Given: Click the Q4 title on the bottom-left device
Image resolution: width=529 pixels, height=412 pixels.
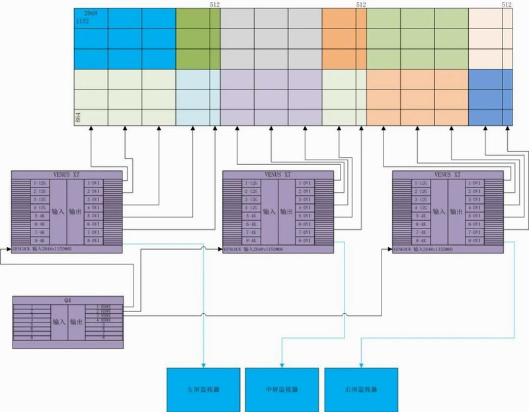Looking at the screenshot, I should coord(67,301).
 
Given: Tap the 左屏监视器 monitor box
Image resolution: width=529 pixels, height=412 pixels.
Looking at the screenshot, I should coord(202,389).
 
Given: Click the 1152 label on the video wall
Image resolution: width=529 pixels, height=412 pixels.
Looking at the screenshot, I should coord(83,22).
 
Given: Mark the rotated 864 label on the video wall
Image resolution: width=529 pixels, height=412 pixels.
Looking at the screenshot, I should coord(78,118).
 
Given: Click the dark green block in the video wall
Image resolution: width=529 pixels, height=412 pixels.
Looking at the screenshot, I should coord(198,39).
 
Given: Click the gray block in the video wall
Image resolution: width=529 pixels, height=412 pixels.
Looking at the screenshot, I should coord(270,39).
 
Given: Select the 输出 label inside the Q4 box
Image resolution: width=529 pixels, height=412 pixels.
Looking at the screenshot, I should coord(76,323).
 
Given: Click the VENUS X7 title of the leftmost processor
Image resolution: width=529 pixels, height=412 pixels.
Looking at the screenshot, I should coord(67,175).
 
